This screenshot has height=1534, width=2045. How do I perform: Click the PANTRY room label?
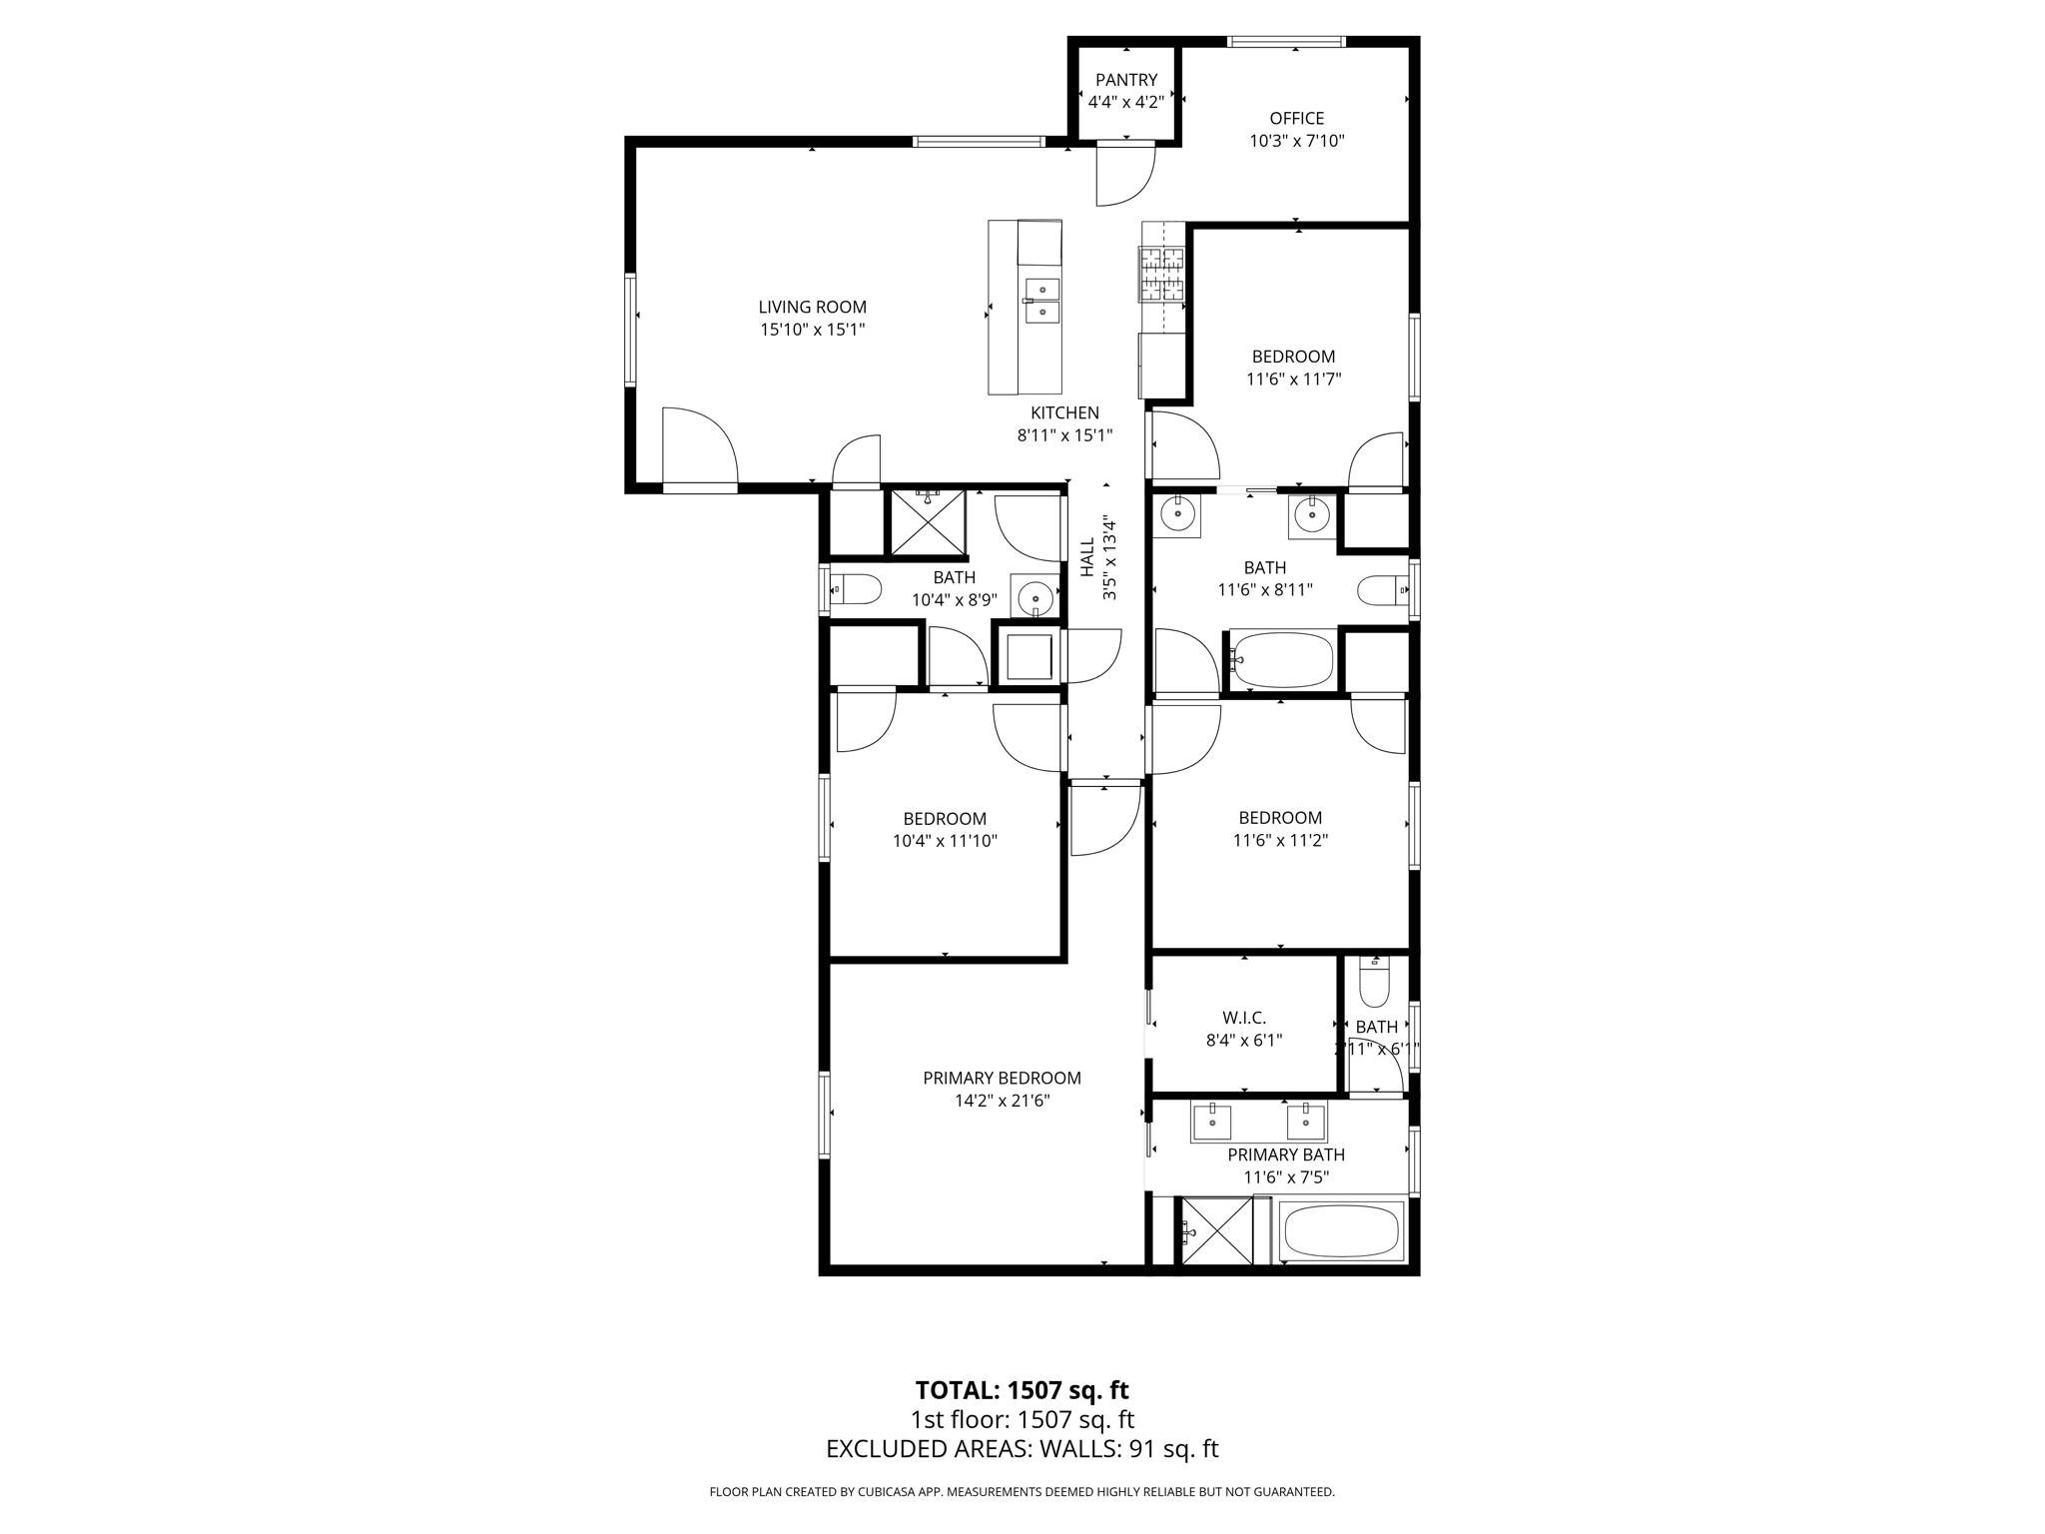coord(1125,80)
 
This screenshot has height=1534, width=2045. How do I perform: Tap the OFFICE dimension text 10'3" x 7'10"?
coord(1296,141)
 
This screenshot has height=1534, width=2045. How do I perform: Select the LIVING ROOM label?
coord(812,308)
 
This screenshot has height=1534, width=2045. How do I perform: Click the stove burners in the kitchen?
coord(1162,275)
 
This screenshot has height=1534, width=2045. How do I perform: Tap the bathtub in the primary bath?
coord(1342,1231)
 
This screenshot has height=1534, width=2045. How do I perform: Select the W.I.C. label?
coord(1243,1018)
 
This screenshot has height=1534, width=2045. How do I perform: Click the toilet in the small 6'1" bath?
coord(1374,984)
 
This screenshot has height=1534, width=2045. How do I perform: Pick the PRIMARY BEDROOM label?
coord(1002,1078)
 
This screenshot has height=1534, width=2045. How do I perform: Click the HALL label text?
coord(1087,557)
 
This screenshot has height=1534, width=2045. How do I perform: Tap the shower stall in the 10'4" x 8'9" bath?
coord(928,522)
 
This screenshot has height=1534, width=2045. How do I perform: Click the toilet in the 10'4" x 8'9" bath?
coord(856,589)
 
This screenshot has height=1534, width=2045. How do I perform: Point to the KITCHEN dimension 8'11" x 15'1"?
coord(1064,435)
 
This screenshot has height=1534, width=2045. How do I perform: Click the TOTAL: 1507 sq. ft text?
coord(1022,1390)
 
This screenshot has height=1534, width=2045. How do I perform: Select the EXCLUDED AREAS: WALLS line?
coord(1022,1449)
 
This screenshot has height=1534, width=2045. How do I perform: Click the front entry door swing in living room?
coord(699,446)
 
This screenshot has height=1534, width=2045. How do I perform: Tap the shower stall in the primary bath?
coord(1216,1231)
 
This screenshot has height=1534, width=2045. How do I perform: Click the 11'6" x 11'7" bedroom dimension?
coord(1293,380)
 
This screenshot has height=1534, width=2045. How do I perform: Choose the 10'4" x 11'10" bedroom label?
coord(945,819)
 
